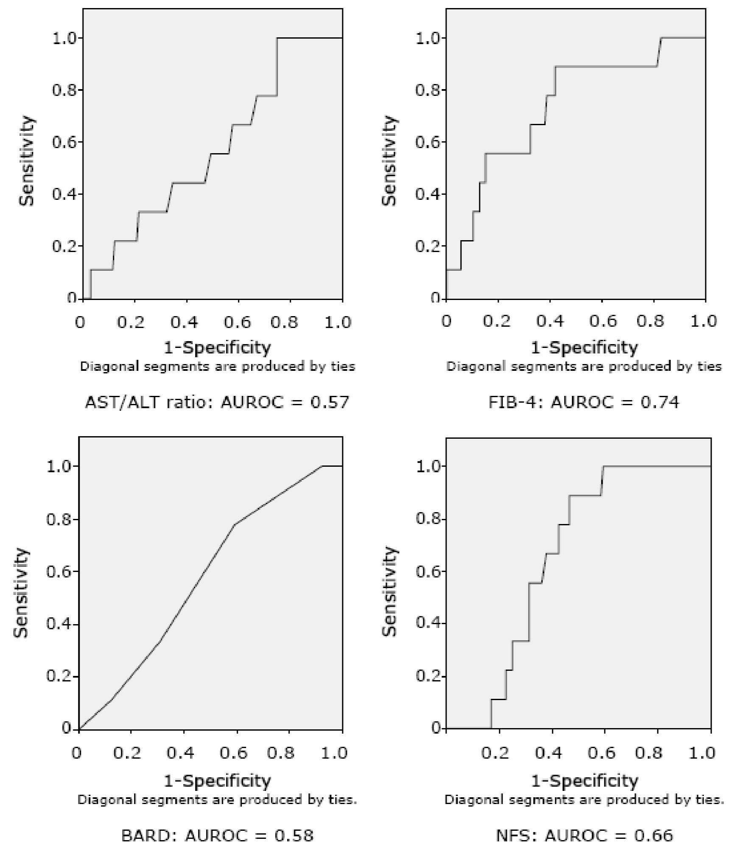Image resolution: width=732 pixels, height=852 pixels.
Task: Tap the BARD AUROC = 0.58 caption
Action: (217, 835)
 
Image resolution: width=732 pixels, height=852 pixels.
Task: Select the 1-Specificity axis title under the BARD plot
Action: (217, 780)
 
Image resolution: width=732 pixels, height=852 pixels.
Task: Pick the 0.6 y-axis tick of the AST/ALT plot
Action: (65, 142)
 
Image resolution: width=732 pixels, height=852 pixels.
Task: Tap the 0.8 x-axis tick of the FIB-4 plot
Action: (654, 322)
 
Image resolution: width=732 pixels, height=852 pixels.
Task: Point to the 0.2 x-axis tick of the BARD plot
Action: (131, 753)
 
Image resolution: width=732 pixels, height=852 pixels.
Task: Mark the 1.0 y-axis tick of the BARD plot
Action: (59, 466)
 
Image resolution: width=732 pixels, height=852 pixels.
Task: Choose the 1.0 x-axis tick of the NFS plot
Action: (703, 753)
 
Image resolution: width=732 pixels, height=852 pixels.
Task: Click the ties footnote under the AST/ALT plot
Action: (218, 366)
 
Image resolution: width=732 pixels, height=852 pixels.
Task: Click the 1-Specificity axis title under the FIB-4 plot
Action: (584, 348)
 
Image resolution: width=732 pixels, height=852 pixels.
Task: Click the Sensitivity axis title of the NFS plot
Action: (389, 592)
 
